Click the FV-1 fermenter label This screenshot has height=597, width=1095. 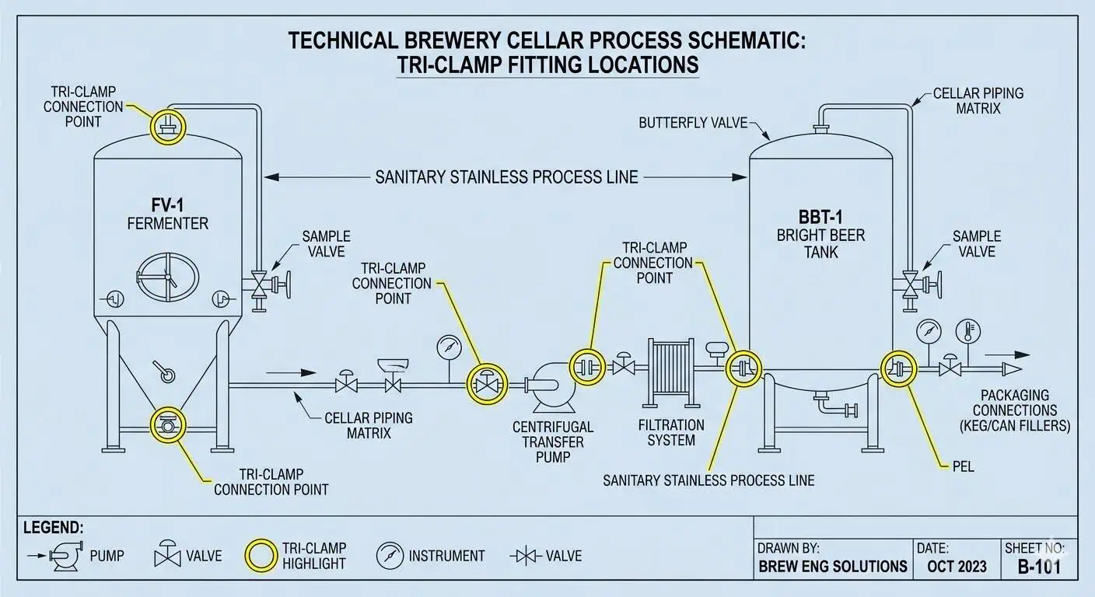click(x=168, y=206)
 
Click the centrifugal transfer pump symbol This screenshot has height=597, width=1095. click(x=551, y=387)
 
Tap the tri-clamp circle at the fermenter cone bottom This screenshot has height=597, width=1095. click(x=166, y=425)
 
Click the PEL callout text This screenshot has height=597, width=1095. click(x=962, y=467)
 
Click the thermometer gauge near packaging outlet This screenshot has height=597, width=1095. click(x=967, y=330)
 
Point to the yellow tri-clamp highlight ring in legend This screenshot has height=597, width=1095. click(x=261, y=555)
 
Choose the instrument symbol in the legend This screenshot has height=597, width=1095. click(x=388, y=555)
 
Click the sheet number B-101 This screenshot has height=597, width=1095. click(x=1039, y=566)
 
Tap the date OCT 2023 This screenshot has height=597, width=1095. click(x=956, y=566)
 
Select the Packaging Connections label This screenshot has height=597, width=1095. click(x=1024, y=410)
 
